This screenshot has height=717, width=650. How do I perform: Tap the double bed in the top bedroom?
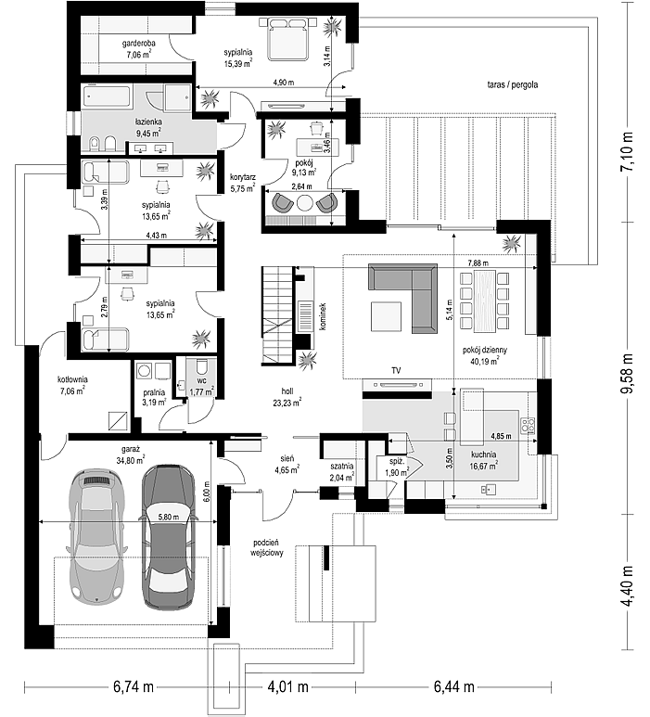[287, 38]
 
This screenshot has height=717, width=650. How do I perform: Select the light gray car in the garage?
[97, 536]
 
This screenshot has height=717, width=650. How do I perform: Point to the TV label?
[396, 370]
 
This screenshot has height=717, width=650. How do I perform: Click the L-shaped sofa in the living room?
[403, 298]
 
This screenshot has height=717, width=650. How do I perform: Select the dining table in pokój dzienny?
[485, 301]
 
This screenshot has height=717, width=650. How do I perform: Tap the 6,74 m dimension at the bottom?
[134, 686]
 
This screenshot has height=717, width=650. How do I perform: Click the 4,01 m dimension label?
[287, 686]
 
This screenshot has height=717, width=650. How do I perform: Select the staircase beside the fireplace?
[276, 316]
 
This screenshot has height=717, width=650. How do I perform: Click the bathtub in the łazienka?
[107, 96]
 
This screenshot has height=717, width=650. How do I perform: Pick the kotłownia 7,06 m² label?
[72, 385]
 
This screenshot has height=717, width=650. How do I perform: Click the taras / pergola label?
[513, 84]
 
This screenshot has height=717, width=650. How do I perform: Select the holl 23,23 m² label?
[287, 397]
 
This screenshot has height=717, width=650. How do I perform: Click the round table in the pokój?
[304, 201]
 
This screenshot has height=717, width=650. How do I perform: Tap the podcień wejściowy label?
[266, 547]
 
